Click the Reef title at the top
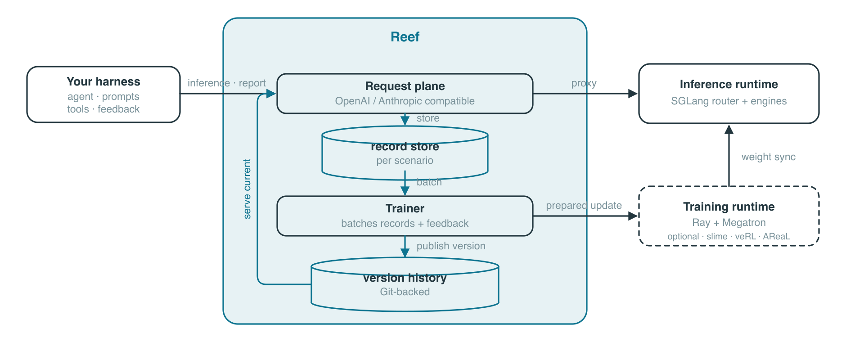(405, 37)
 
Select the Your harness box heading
(103, 81)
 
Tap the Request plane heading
(405, 86)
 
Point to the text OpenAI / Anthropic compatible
(405, 101)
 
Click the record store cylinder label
(405, 146)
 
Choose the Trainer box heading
(405, 208)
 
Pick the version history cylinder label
(405, 278)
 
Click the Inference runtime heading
(729, 84)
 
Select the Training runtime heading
(729, 207)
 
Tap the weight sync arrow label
(769, 157)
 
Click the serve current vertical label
(247, 189)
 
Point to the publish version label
(451, 246)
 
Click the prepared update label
(584, 206)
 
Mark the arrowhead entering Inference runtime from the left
(633, 94)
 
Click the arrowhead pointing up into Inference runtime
(729, 129)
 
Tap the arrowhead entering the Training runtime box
(634, 216)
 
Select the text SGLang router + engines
(729, 101)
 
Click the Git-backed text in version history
(405, 292)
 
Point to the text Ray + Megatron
(729, 222)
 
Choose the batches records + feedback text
(405, 223)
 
